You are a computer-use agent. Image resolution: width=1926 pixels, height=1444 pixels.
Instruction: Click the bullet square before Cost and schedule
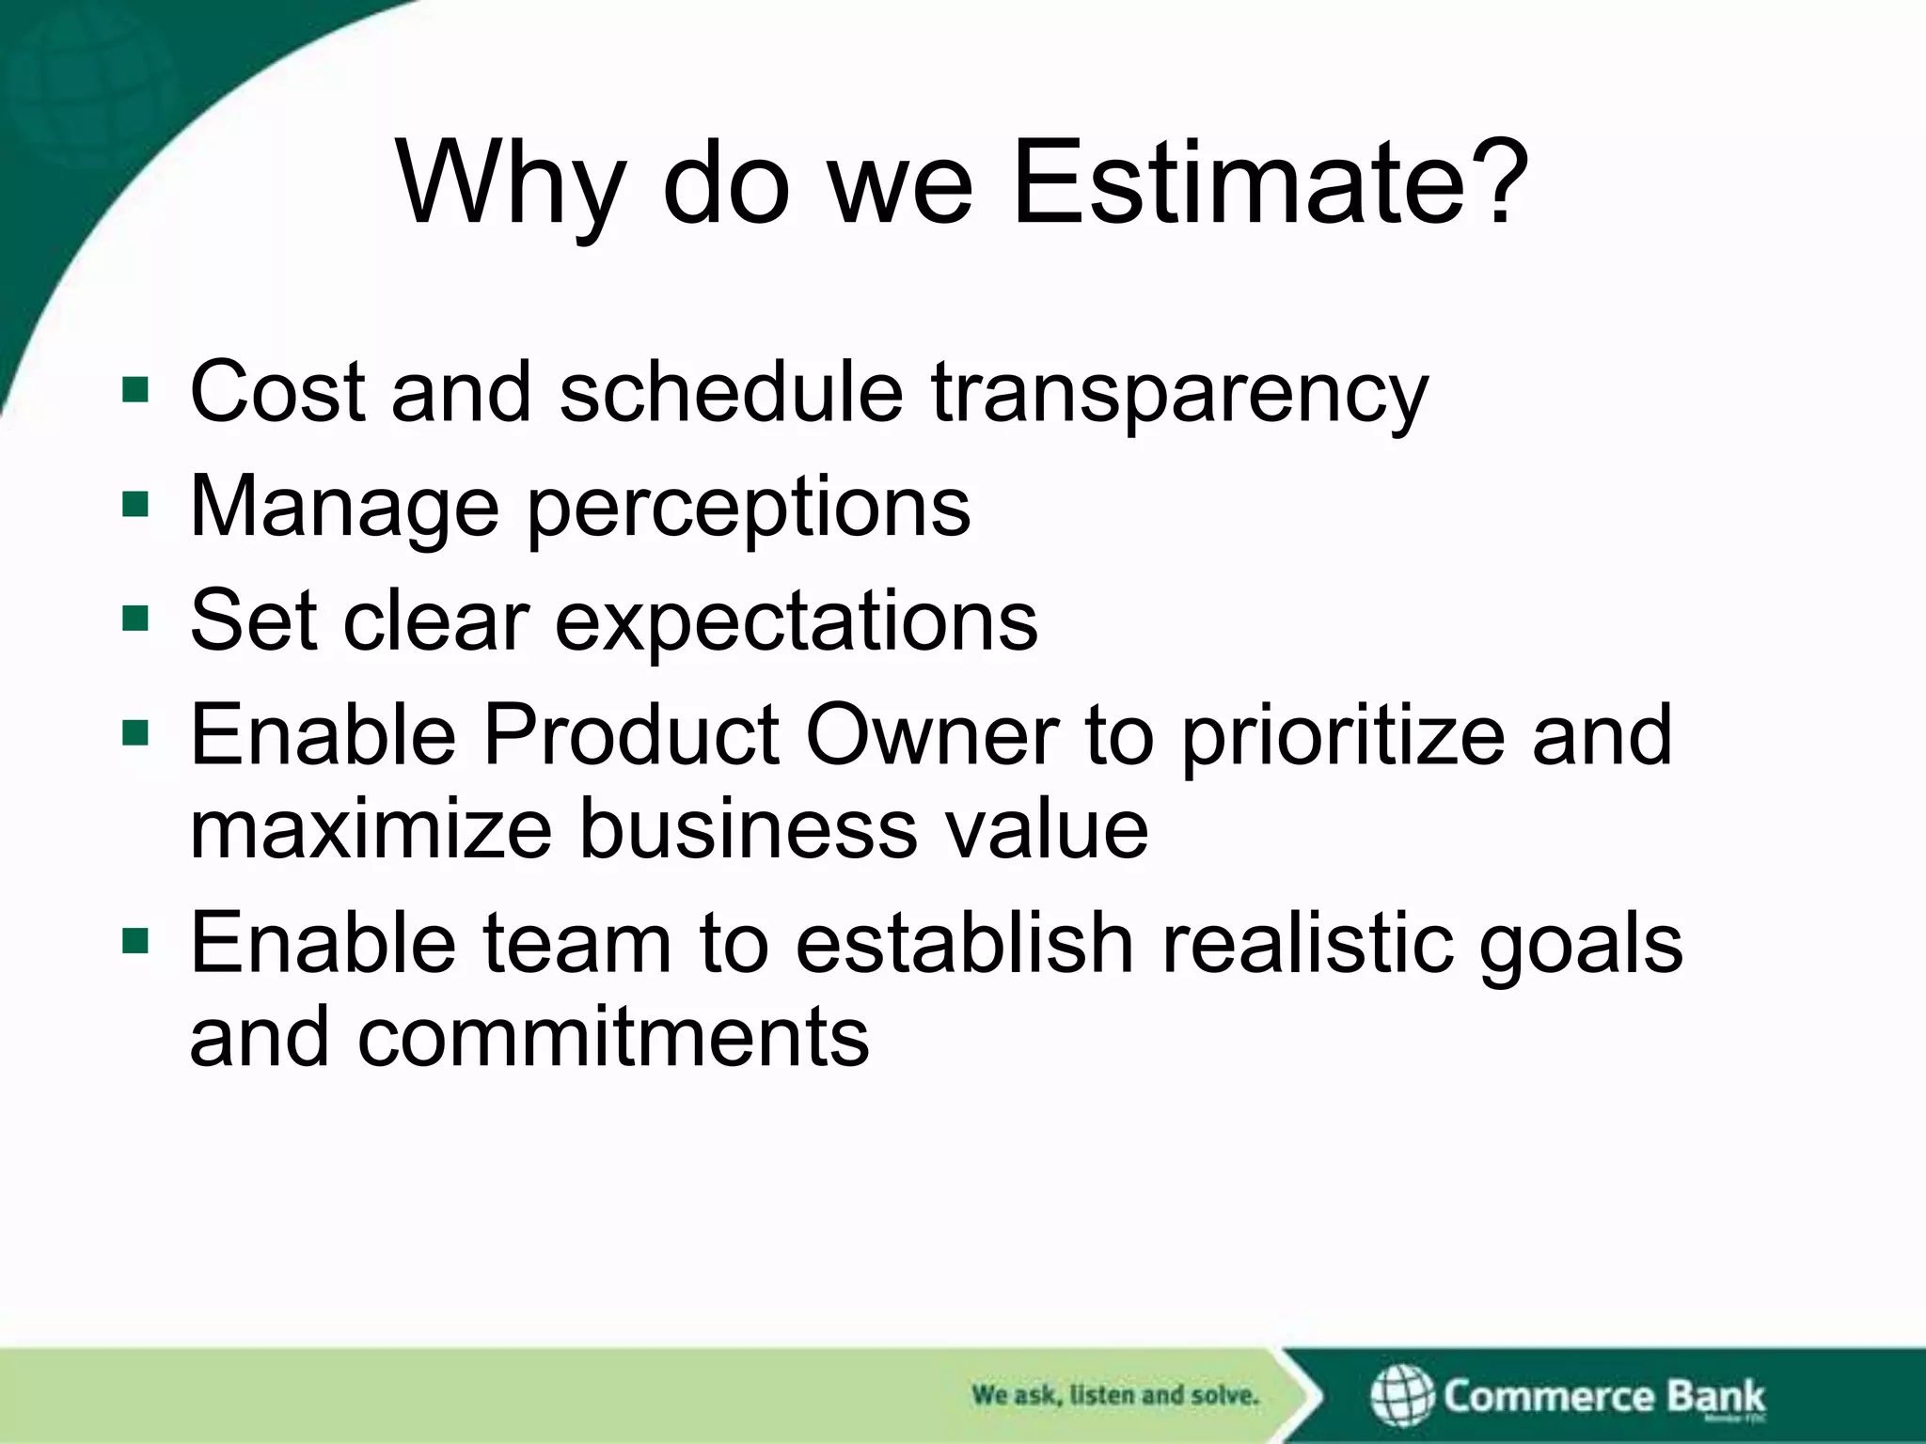click(135, 389)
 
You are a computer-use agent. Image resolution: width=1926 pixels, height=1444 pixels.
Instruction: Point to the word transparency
click(1180, 393)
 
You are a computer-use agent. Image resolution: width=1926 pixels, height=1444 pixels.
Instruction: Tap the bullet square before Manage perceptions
click(135, 505)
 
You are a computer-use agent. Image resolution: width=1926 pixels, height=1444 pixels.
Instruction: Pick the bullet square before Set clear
click(135, 619)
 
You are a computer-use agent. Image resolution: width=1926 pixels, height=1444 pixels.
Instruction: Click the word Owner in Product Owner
click(932, 735)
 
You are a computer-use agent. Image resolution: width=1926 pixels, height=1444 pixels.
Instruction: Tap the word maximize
click(371, 829)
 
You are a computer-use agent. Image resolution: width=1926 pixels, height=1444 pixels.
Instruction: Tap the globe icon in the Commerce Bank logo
click(1401, 1396)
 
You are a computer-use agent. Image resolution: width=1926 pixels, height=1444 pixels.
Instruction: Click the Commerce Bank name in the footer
click(1603, 1396)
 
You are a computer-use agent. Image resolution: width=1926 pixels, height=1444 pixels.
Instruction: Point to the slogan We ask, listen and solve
click(1114, 1395)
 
